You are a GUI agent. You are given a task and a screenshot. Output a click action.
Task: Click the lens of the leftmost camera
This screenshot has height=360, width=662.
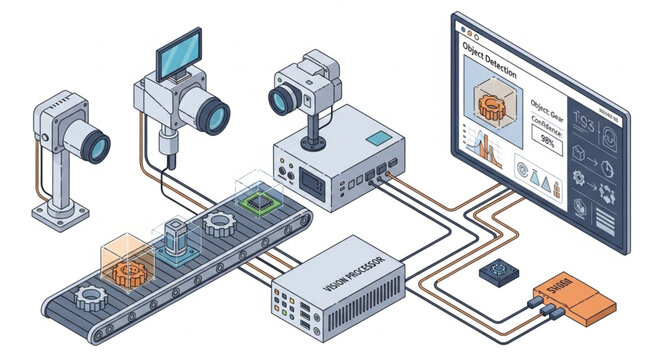[x=95, y=147]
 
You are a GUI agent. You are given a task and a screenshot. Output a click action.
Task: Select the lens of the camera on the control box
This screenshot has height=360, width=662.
[x=283, y=98]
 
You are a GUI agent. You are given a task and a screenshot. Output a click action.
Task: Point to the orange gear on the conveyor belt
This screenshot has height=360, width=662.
[x=127, y=271]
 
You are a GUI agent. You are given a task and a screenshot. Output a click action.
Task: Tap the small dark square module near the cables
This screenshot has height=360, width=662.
[x=497, y=271]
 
